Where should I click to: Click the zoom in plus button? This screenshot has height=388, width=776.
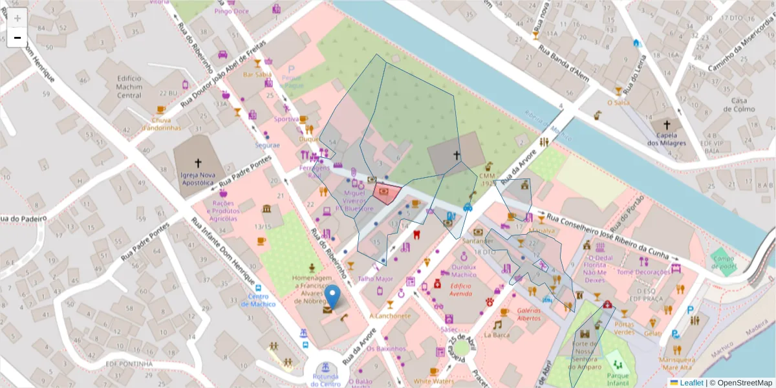coord(17,18)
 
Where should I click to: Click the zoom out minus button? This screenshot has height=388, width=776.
coord(17,38)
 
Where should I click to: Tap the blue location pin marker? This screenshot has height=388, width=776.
coord(332,297)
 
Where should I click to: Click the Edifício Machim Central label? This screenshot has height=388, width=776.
coord(129,87)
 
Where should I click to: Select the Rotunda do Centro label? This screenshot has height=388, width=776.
coord(325,380)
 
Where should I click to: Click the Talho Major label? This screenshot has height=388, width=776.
coord(375,279)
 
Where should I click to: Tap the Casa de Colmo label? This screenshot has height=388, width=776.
coord(743,105)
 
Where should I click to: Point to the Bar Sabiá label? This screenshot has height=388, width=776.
coord(257,74)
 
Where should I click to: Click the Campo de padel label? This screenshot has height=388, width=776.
coord(724,263)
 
